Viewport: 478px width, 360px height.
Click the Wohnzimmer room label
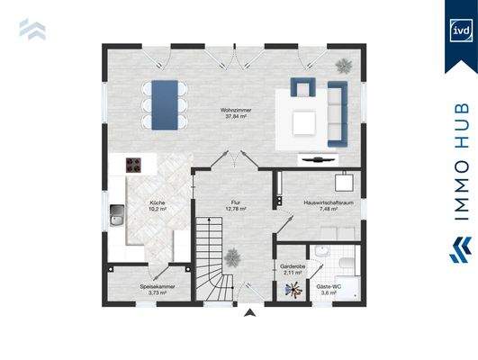tap(238, 112)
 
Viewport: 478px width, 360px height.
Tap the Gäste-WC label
tap(327, 288)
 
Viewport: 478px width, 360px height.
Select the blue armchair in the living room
tap(300, 89)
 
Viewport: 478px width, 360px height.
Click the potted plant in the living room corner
tap(344, 65)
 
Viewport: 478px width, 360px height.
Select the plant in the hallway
tap(232, 256)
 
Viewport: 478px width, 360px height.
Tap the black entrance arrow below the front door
tap(248, 314)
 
